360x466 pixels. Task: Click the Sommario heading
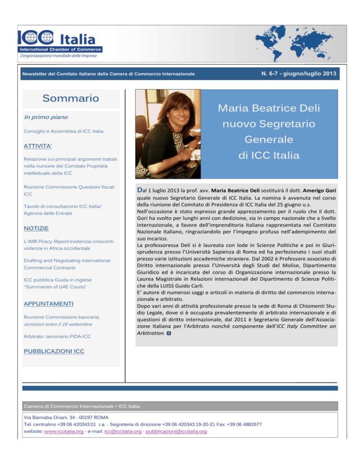71,98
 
